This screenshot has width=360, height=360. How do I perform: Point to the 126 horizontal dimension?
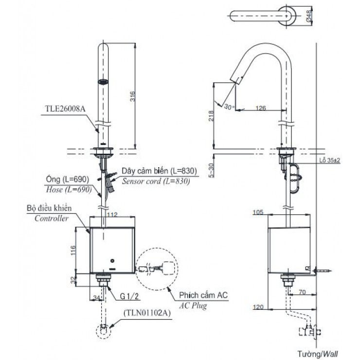(261, 108)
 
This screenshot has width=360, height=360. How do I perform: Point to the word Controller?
(51, 219)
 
